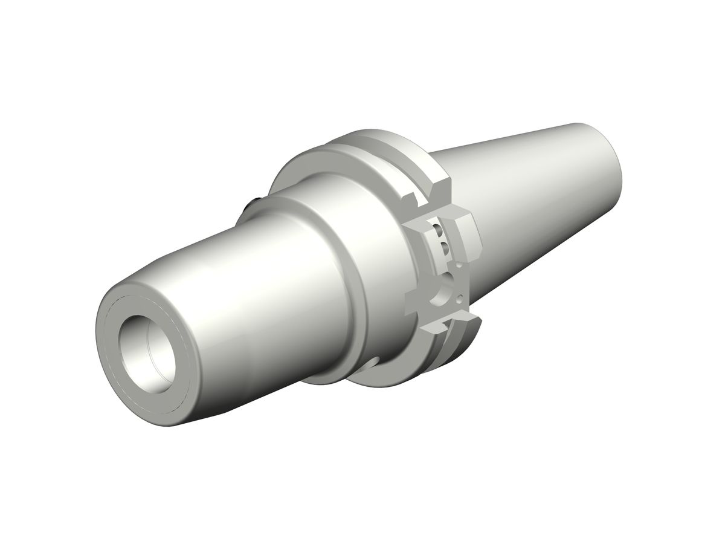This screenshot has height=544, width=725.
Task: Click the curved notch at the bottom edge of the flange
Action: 372,363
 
